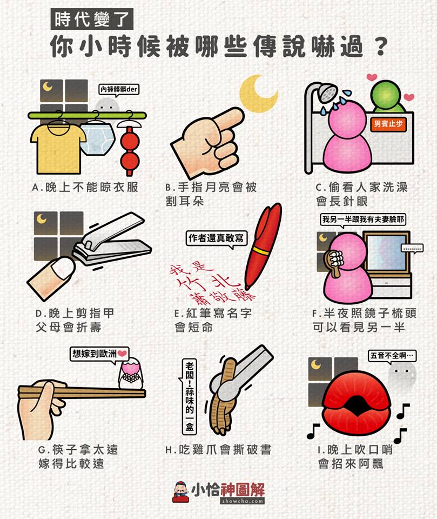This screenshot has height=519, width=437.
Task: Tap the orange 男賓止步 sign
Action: pos(388,124)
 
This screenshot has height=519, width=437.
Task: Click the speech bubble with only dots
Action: pos(412,248)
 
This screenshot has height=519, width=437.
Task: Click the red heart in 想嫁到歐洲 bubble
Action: pos(122,353)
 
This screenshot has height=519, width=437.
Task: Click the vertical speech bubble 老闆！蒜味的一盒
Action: pos(189,396)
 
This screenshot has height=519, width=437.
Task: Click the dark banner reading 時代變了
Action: pos(92,19)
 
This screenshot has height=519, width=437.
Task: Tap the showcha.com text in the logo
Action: pos(243,501)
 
